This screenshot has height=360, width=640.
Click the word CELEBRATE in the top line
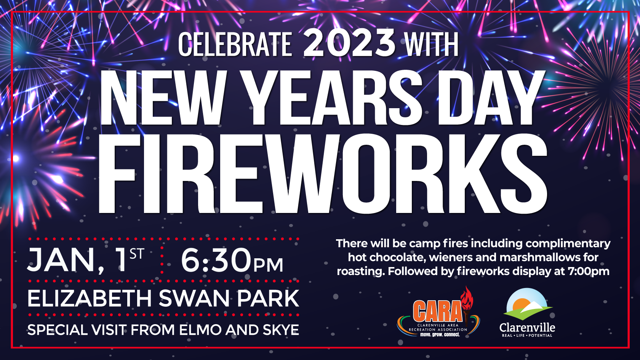point(235,44)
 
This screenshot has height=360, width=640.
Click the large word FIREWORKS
point(323,174)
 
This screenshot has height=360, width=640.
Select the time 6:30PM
point(232,260)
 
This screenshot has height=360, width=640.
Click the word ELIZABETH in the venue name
point(90,298)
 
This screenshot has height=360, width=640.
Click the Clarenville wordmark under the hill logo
point(527,328)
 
